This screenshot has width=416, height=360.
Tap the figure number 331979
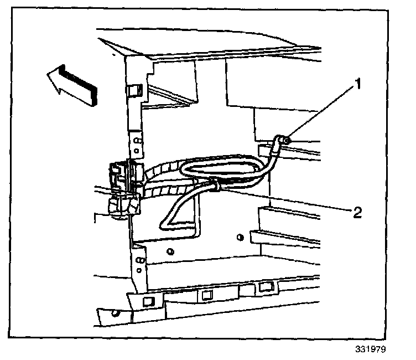coord(370,350)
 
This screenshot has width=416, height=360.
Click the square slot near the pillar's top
coord(134,89)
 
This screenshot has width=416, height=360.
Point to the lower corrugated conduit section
coord(166,191)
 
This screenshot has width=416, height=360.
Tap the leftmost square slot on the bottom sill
coord(148,301)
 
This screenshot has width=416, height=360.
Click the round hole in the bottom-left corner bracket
coord(116,314)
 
